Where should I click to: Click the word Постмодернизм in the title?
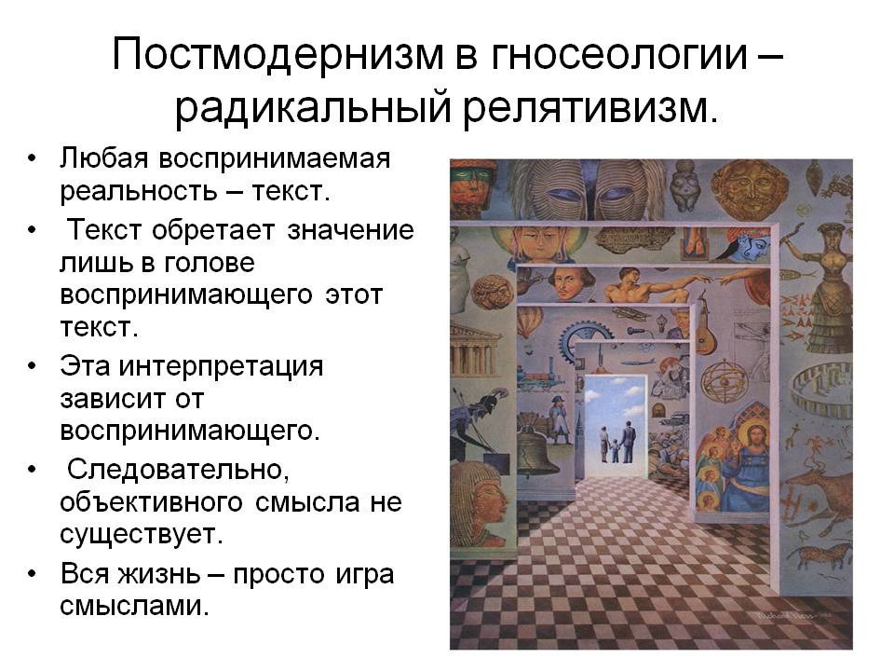tap(278, 54)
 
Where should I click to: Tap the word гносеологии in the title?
tap(618, 54)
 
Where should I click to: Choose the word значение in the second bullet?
tap(350, 230)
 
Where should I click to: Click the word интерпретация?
tap(221, 366)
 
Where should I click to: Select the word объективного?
tap(151, 502)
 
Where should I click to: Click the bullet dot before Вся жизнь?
tap(32, 573)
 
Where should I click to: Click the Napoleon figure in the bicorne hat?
tap(559, 417)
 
